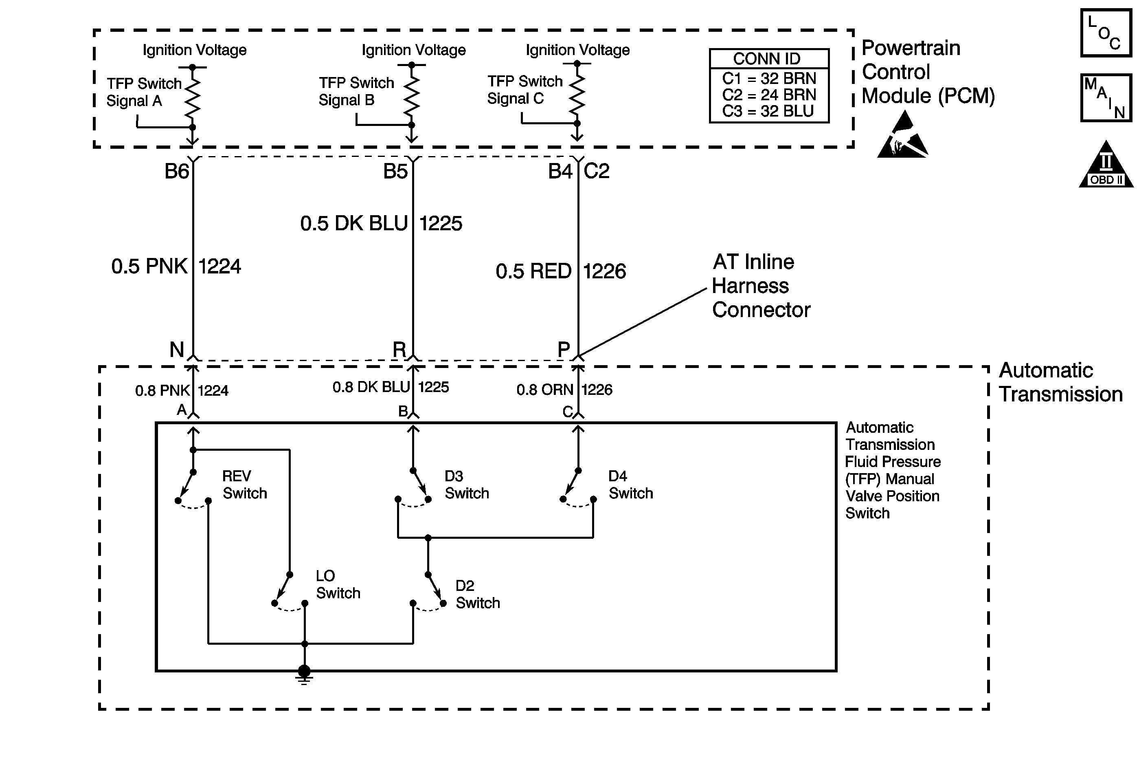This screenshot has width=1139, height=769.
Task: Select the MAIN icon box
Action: coord(1106,97)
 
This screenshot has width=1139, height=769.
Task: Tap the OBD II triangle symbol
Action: coord(1106,164)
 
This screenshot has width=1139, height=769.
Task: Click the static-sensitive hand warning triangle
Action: coord(903,134)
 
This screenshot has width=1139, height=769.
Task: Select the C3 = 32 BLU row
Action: coord(768,111)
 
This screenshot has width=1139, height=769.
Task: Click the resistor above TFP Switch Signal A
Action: coord(193,97)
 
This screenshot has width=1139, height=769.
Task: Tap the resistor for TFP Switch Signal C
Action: coord(577,94)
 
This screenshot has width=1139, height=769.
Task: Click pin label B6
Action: coord(176,171)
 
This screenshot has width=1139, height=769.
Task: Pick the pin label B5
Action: coord(395,171)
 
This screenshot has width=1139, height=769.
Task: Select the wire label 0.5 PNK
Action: coord(149,266)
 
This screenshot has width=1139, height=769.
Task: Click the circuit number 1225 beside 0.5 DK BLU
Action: coord(441,224)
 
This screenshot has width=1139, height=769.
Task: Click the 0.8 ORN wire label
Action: coord(544,390)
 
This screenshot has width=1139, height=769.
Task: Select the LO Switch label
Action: coord(338,585)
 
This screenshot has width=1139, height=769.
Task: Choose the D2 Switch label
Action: coord(478,595)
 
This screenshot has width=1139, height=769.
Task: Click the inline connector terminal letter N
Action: coord(176,350)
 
